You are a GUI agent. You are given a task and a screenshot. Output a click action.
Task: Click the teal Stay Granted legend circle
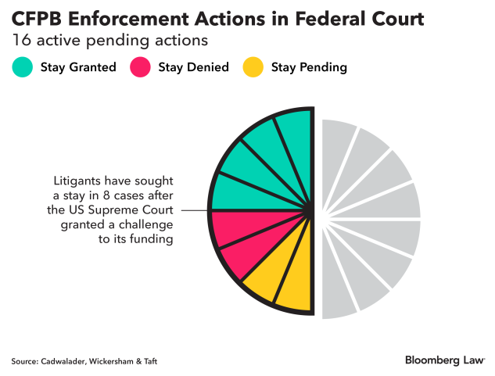23,67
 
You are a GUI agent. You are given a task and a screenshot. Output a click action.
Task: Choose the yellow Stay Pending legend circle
253,67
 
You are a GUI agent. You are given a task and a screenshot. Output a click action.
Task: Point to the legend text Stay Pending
308,67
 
